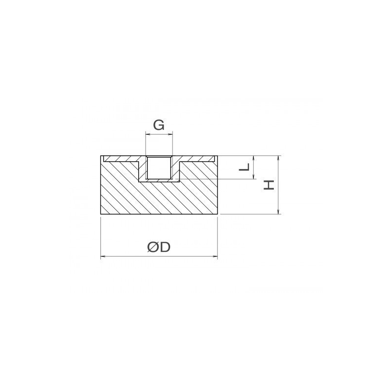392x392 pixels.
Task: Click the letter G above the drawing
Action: click(x=159, y=125)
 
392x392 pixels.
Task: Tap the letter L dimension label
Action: click(x=245, y=167)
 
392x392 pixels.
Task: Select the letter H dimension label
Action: click(x=269, y=185)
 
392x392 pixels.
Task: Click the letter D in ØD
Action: click(x=165, y=247)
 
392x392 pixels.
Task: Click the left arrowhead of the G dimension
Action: click(x=147, y=134)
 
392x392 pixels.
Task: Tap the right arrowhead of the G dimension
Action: click(x=171, y=134)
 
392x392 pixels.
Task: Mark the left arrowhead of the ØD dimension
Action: click(x=103, y=256)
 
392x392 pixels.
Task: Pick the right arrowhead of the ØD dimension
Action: click(x=215, y=256)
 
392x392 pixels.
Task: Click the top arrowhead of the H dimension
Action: click(x=278, y=158)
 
